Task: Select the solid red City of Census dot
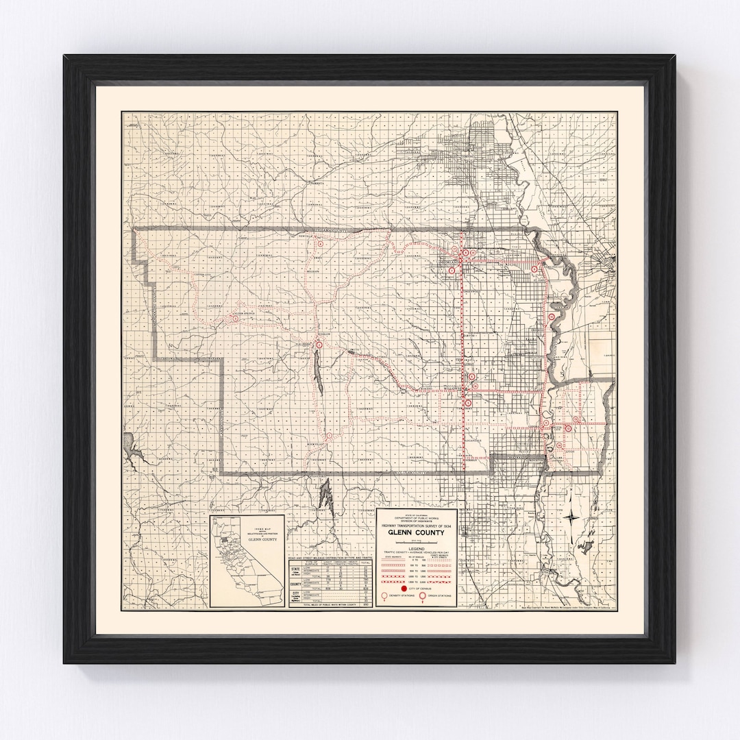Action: click(404, 589)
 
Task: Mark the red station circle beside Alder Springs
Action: click(235, 319)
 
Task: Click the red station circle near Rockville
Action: click(330, 435)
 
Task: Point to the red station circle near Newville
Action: click(319, 243)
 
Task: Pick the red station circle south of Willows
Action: click(468, 404)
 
